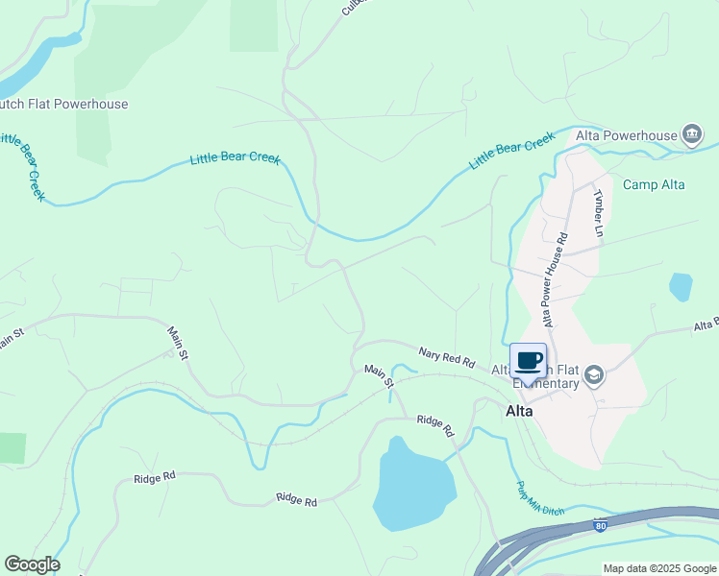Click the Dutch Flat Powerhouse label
(63, 104)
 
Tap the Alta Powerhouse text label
(626, 135)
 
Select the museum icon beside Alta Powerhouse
(691, 133)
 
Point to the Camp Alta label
(654, 184)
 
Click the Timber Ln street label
(598, 213)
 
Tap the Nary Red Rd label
(447, 359)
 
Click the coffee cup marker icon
(528, 361)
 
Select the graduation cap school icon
(594, 375)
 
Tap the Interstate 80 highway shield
(601, 525)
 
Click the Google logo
(32, 564)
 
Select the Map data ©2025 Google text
(658, 568)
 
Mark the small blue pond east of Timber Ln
(681, 286)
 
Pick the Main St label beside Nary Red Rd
(380, 375)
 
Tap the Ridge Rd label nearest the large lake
(434, 425)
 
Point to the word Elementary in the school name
(546, 383)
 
